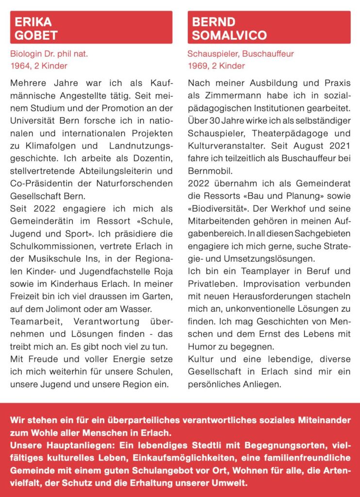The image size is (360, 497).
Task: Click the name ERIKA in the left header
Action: tap(33, 22)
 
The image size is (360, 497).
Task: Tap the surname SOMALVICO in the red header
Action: tap(229, 35)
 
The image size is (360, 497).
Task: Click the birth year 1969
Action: tap(197, 66)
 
